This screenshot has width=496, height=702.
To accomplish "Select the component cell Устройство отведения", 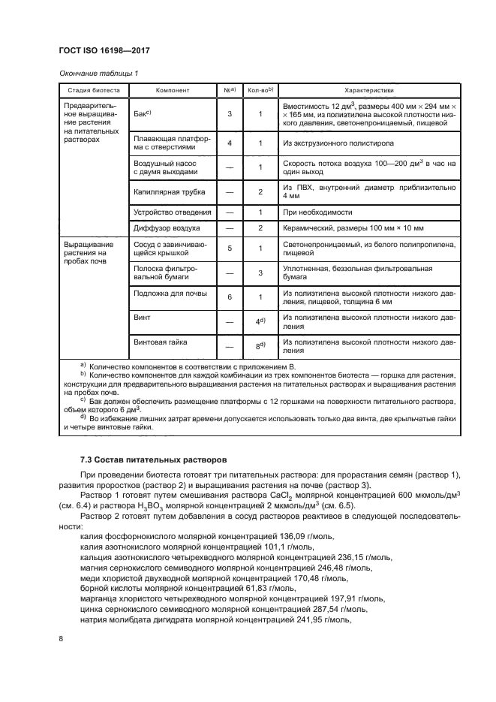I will [x=169, y=214].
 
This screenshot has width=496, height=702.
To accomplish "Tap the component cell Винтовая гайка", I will [x=161, y=342].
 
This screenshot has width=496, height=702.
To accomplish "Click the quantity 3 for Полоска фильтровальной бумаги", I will [x=259, y=273].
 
